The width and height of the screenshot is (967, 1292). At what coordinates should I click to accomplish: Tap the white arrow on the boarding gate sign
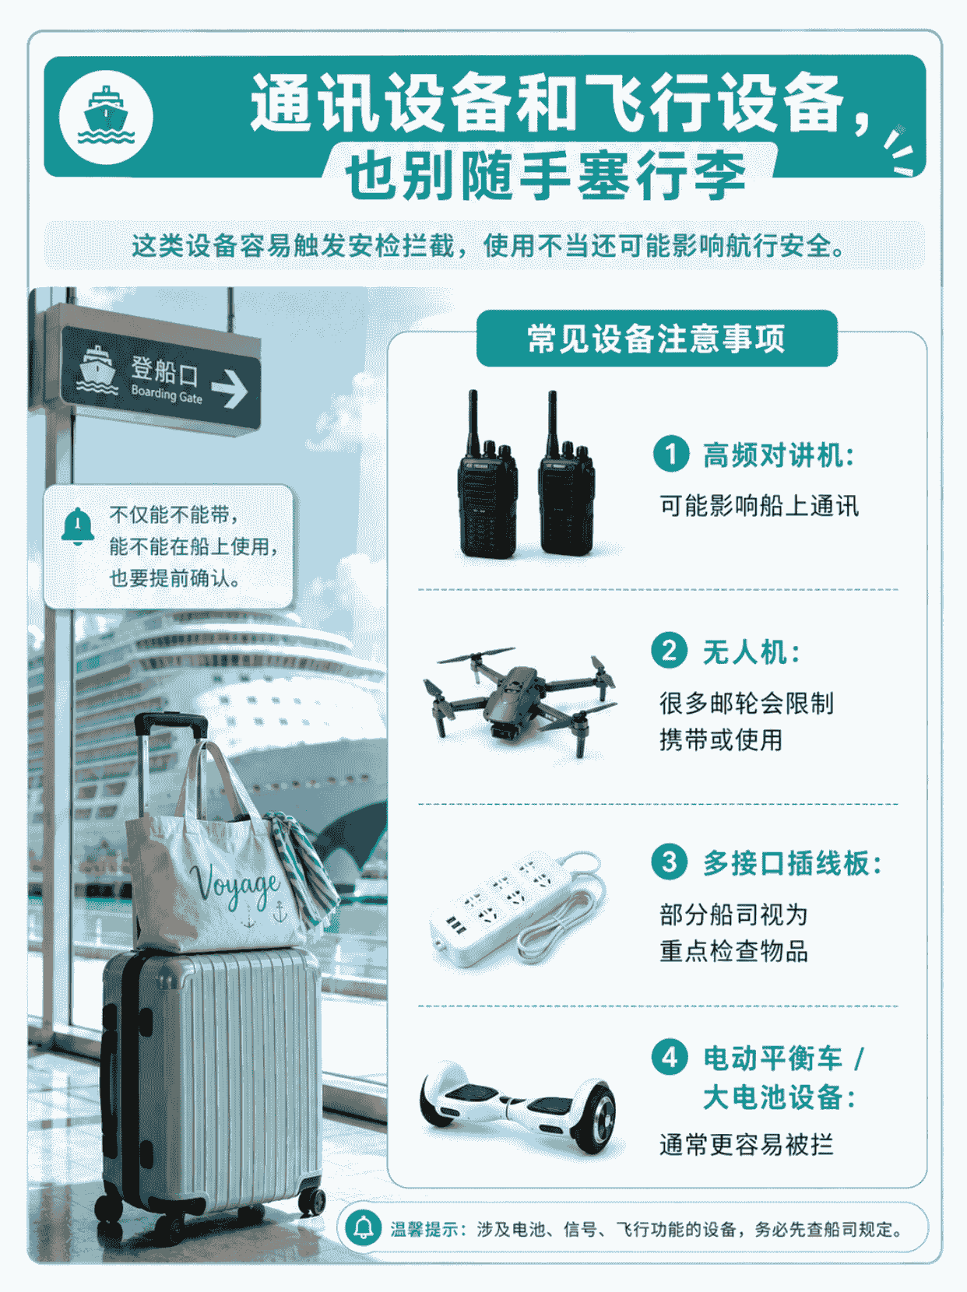(230, 389)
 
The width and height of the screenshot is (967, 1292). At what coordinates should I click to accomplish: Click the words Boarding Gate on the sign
(167, 394)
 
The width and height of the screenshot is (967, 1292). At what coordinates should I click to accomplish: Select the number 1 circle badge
(671, 454)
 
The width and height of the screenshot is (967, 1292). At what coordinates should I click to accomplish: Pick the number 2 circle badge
(669, 651)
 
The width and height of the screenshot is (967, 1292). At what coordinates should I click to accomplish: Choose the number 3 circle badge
(669, 862)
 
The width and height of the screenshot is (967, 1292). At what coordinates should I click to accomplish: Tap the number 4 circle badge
(670, 1058)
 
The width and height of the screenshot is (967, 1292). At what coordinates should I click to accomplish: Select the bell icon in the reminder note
(78, 525)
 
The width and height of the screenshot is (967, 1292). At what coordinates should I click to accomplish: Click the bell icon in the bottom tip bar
(363, 1227)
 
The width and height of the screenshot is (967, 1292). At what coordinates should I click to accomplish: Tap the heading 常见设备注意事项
(656, 339)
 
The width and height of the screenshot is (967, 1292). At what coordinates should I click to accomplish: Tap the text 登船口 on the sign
(164, 370)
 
